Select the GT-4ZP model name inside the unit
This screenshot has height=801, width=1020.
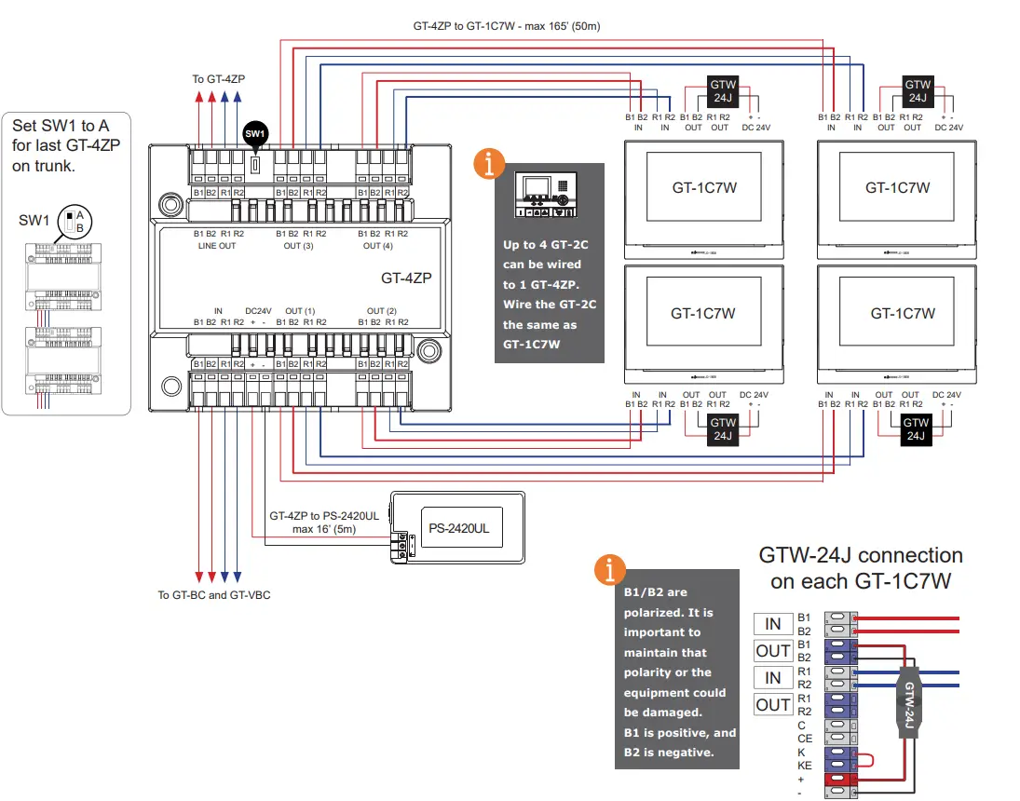click(406, 277)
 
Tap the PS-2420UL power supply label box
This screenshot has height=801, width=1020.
click(459, 527)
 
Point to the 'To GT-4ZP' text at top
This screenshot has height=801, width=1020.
click(218, 79)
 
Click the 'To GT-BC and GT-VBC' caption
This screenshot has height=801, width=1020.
click(214, 594)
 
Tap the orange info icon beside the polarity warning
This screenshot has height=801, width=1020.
click(609, 569)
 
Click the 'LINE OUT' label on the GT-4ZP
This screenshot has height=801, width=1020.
click(217, 246)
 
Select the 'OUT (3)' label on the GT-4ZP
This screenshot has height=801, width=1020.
click(298, 246)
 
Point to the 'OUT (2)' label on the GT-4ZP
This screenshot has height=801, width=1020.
click(381, 310)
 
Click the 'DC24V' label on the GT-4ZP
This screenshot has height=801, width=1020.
click(258, 310)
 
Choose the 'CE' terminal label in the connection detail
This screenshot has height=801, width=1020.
click(805, 738)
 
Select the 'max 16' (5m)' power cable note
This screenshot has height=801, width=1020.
click(323, 529)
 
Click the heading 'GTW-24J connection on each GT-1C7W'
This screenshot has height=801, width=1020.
click(860, 566)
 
